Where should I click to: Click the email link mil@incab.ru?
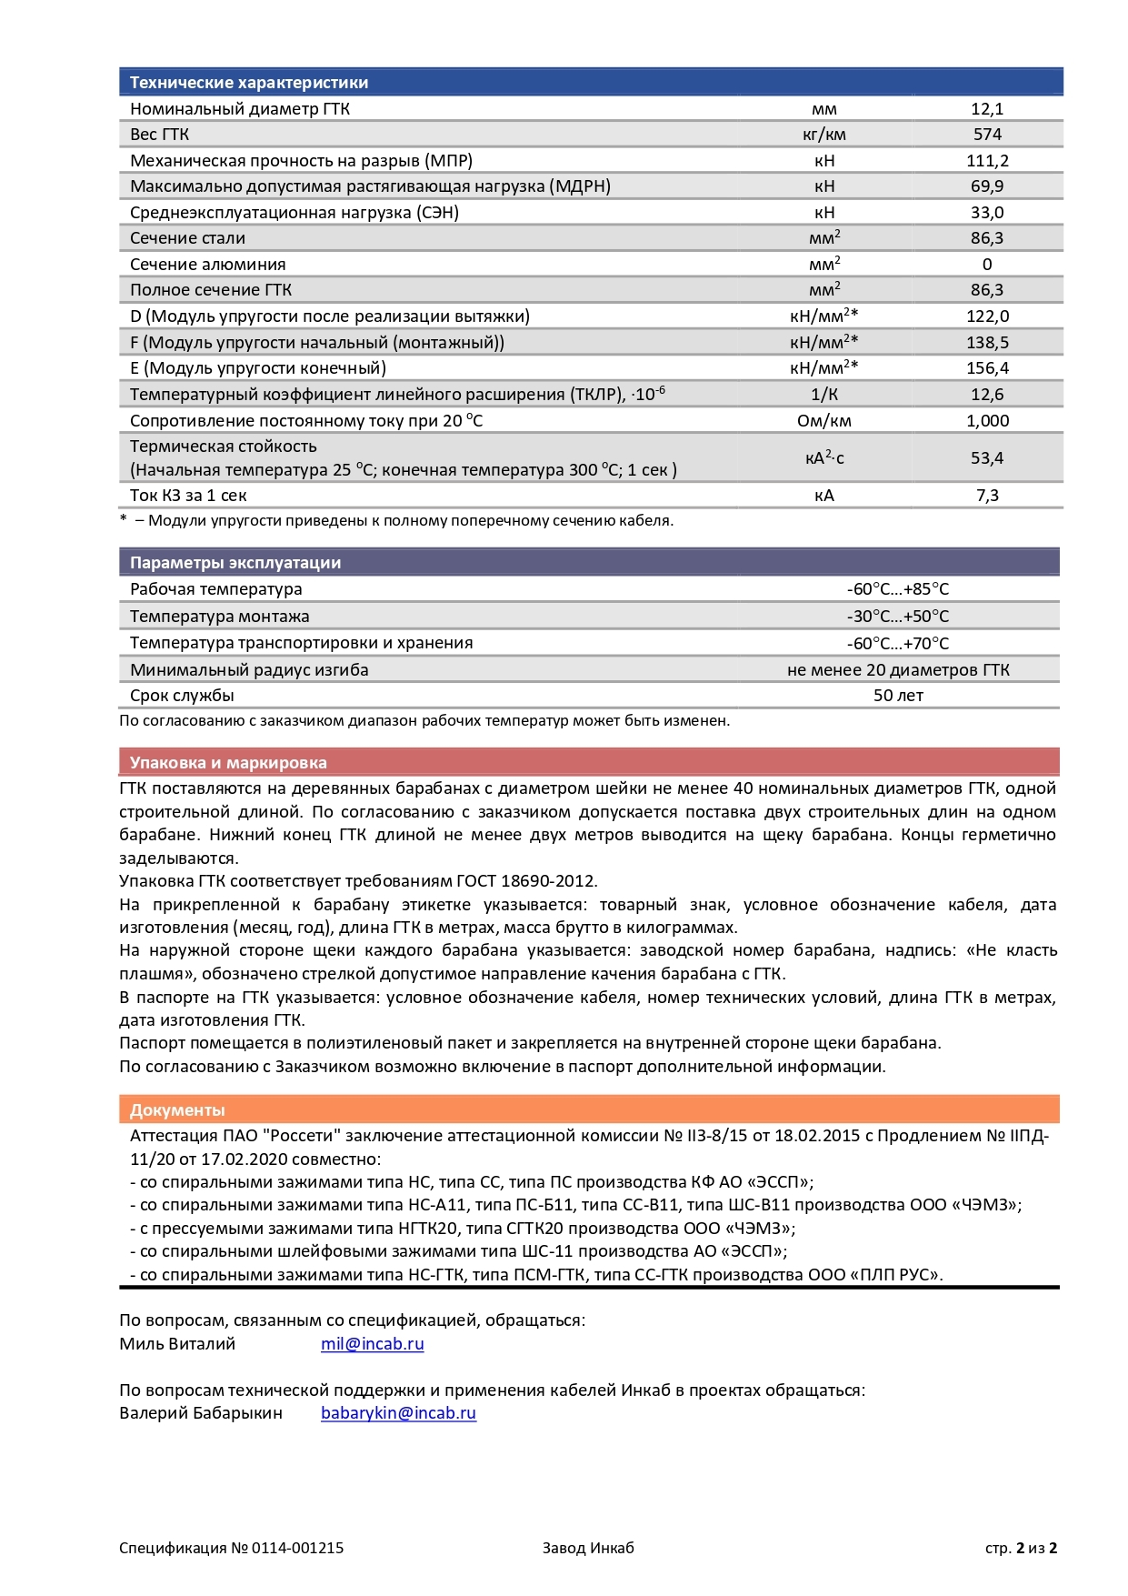[372, 1344]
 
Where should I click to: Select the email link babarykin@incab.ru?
[398, 1413]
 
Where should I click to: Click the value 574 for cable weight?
[987, 135]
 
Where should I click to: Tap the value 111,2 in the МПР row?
[987, 161]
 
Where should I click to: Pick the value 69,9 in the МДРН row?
[987, 186]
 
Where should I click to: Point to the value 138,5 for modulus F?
[987, 343]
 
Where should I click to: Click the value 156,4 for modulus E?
[987, 368]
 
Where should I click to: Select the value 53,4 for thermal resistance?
[987, 458]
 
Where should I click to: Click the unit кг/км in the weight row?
[824, 135]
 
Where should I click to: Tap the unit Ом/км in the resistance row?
[824, 421]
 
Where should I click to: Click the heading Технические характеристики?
[249, 83]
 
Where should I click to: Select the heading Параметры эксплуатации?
[235, 563]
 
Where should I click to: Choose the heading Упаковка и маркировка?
[228, 763]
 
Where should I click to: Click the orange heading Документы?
[177, 1110]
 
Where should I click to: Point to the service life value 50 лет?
[898, 696]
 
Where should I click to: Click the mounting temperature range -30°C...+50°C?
[898, 617]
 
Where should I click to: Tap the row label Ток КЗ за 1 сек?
[188, 496]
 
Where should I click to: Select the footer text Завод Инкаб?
[588, 1548]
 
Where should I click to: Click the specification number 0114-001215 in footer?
[297, 1548]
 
